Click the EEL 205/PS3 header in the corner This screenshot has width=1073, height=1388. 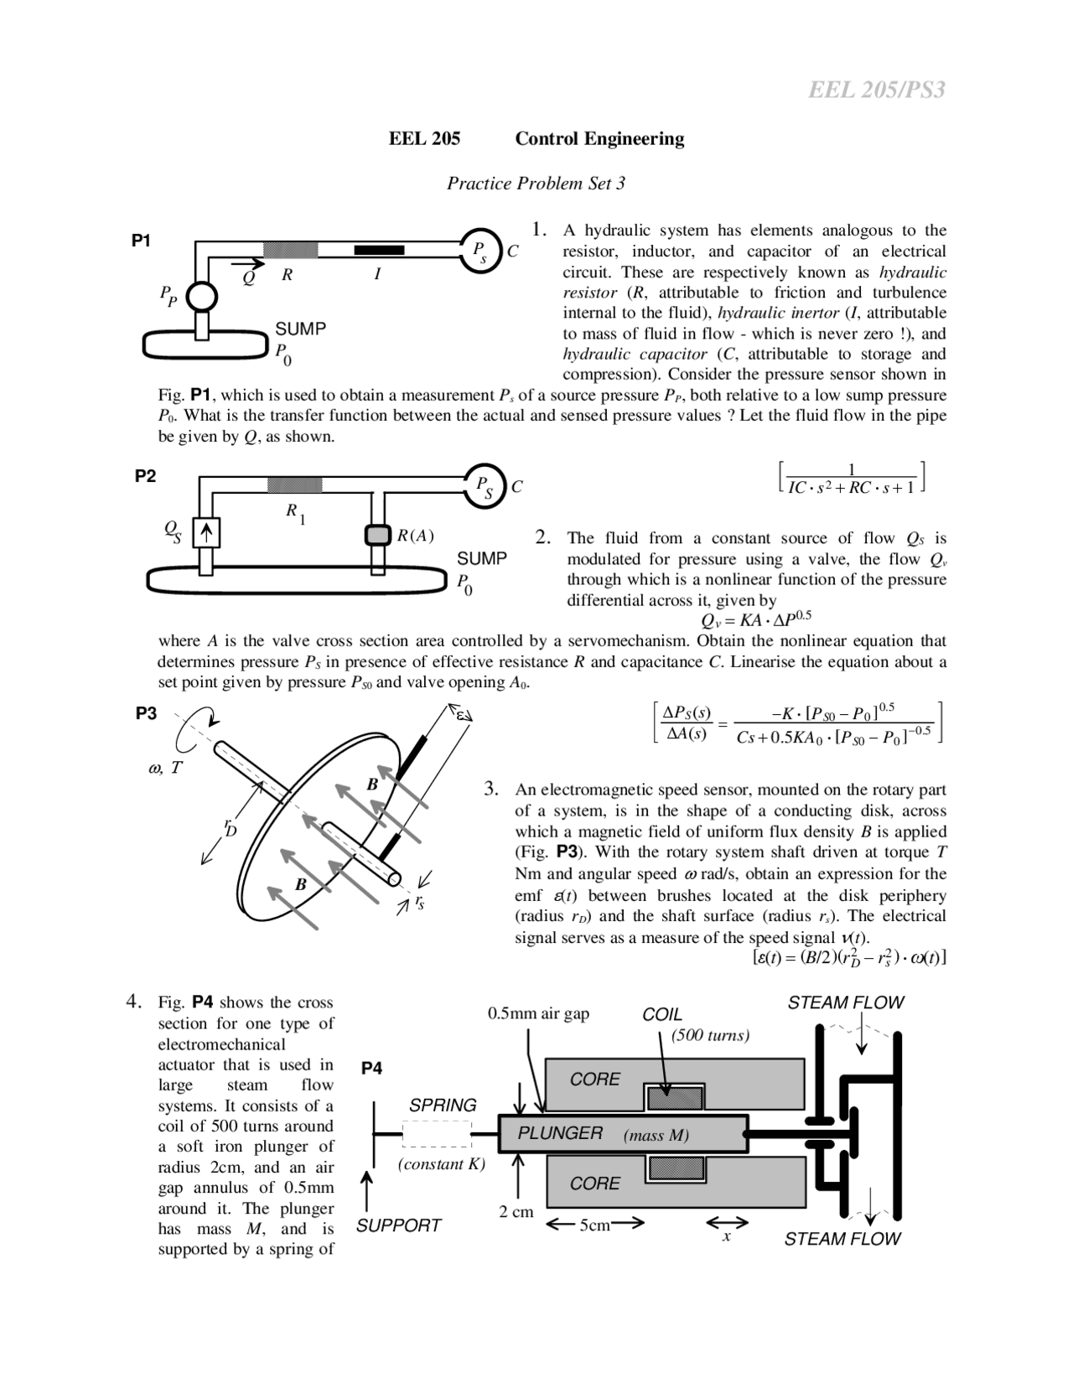tap(876, 90)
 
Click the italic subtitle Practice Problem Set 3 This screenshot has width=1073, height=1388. tap(536, 183)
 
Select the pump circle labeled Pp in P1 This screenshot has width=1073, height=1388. tap(201, 296)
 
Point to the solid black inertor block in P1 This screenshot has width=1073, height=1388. tap(379, 250)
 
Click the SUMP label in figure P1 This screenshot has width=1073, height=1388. tap(300, 329)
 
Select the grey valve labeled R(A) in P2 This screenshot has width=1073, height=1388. tap(378, 535)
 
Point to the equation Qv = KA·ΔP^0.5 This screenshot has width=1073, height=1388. tap(755, 620)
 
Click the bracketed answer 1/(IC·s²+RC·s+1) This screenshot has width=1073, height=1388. tap(852, 479)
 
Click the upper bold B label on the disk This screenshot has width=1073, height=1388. tap(373, 785)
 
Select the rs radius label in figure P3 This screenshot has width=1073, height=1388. tap(418, 903)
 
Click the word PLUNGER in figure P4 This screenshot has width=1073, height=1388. tap(560, 1133)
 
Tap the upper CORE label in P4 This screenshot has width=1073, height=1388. tap(594, 1080)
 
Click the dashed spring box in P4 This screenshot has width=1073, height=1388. tap(438, 1134)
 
